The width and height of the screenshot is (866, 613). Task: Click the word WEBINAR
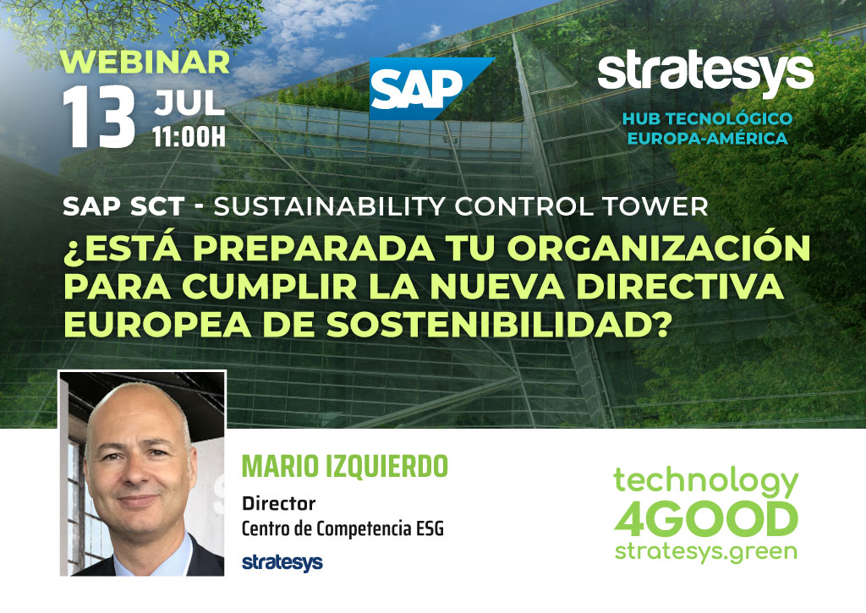click(x=145, y=62)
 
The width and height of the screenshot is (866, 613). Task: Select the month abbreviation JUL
click(x=189, y=102)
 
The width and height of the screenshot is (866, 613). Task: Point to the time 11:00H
click(x=189, y=136)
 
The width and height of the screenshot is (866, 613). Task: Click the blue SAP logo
click(x=425, y=89)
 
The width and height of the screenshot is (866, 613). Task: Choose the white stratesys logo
click(x=705, y=74)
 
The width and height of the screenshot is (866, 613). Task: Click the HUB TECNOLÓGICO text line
click(x=708, y=118)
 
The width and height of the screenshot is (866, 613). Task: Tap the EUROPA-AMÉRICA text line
click(x=708, y=138)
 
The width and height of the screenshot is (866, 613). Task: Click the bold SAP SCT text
click(x=123, y=206)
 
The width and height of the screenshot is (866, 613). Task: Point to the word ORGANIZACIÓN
click(x=658, y=247)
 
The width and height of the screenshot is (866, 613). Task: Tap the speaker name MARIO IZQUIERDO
click(x=345, y=467)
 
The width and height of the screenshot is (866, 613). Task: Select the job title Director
click(x=279, y=503)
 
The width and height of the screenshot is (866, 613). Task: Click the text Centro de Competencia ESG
click(x=343, y=528)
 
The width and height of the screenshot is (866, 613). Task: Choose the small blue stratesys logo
click(x=282, y=562)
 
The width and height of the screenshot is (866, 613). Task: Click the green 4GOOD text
click(x=706, y=519)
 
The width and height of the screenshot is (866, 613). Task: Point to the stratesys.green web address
click(x=706, y=552)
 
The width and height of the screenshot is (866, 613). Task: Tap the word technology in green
click(x=706, y=482)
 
